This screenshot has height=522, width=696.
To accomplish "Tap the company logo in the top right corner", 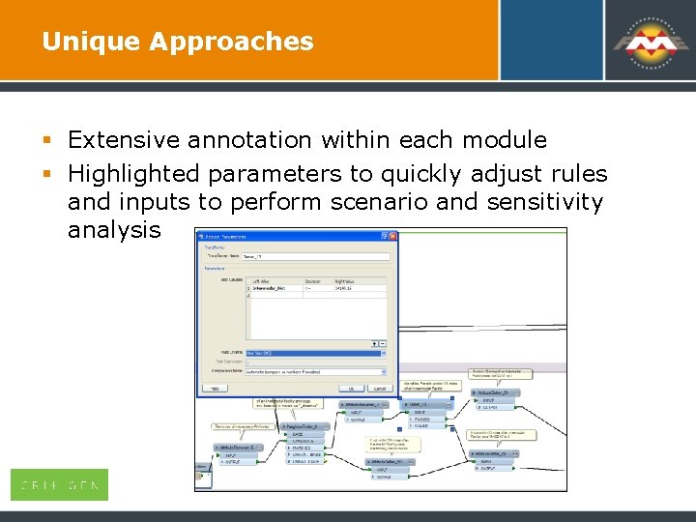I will tap(648, 41).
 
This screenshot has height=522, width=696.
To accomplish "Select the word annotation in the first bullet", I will tap(250, 140).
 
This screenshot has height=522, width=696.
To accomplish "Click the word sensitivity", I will tap(551, 202).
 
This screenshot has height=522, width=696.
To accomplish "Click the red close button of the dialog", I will tap(391, 236).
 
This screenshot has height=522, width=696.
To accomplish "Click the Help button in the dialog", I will tap(215, 389).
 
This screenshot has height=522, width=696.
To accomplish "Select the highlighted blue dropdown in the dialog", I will tap(315, 353).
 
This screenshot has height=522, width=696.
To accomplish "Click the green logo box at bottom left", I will tap(59, 484).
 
